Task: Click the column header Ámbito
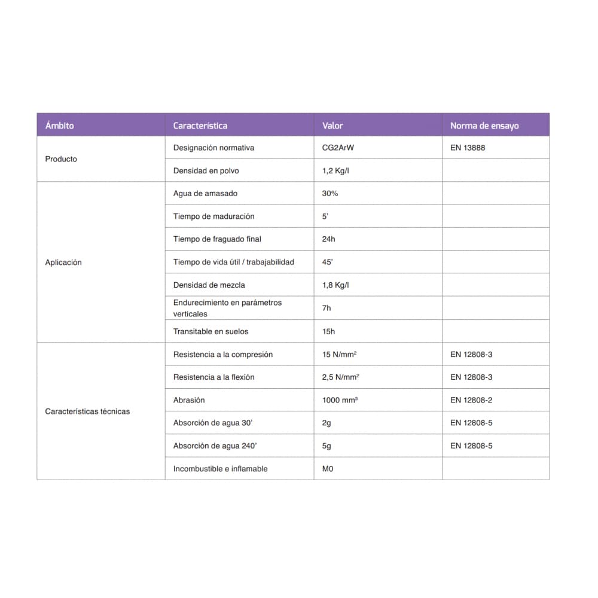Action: (60, 126)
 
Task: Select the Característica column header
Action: (200, 126)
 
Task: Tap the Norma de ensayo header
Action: (484, 126)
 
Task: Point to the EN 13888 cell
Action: (468, 148)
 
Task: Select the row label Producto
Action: (61, 159)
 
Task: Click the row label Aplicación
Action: (63, 263)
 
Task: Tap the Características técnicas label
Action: (87, 411)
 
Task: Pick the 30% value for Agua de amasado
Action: (330, 194)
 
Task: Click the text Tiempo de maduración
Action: (213, 216)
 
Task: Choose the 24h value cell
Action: (329, 239)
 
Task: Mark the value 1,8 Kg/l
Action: (335, 285)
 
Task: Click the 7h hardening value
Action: (327, 308)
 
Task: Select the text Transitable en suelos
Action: (210, 331)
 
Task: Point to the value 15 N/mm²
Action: (339, 355)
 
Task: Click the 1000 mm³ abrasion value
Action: (340, 400)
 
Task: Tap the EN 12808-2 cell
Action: (471, 400)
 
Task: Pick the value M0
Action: (328, 469)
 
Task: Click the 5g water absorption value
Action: (327, 446)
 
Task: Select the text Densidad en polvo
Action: (206, 171)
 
